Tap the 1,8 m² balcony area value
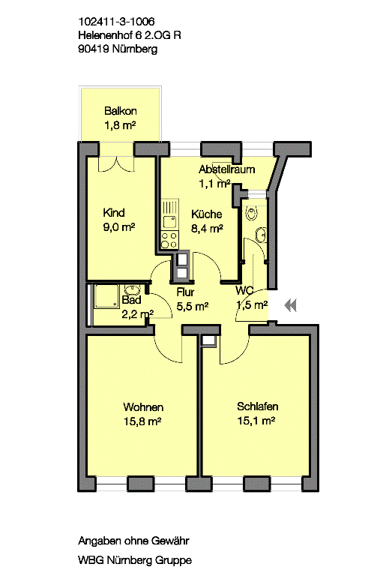point(120,125)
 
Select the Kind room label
point(114,212)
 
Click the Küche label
point(206,213)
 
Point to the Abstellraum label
point(226,169)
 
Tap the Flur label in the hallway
point(186,292)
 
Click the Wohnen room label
point(143,407)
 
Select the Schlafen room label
point(257,407)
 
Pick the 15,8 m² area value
point(143,421)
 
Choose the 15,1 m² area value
point(257,421)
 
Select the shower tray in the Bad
point(102,304)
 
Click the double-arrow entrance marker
point(291,304)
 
